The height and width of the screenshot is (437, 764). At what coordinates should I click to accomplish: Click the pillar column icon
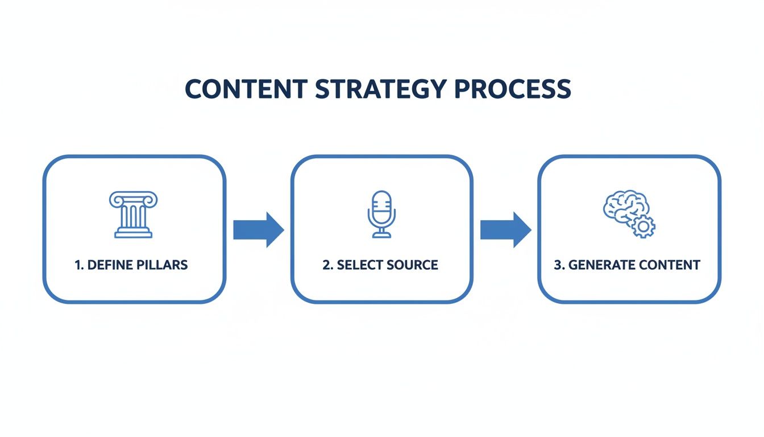point(134,215)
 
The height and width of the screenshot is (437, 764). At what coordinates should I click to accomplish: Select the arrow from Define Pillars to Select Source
point(258,229)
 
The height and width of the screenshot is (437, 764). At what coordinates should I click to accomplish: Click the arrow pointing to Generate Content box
point(505,229)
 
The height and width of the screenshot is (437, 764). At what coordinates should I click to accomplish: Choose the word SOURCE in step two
point(412,265)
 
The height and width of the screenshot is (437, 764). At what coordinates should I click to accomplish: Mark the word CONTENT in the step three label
point(670,265)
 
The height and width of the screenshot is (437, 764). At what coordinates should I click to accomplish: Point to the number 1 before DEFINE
point(78,265)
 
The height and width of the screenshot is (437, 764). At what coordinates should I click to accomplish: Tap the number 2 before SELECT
point(326,265)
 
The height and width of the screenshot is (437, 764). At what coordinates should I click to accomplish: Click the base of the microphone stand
point(381,234)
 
